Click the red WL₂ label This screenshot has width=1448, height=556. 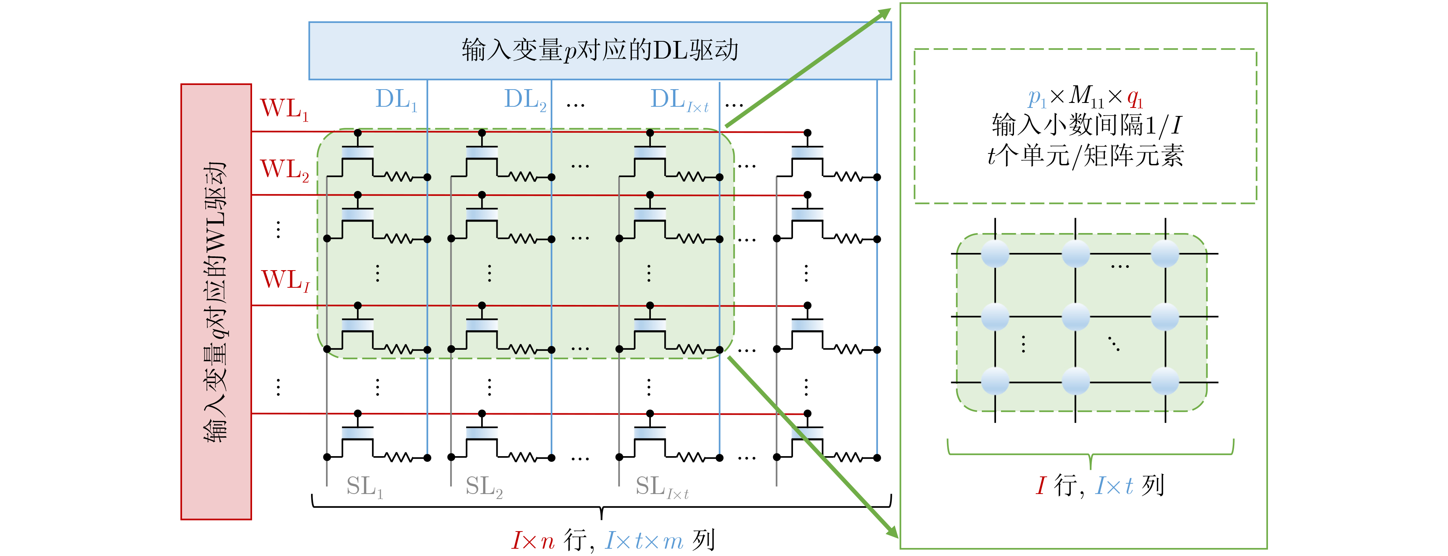tap(284, 170)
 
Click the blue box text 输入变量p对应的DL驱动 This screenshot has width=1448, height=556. tap(600, 51)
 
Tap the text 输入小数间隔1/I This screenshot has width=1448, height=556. tap(1086, 125)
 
